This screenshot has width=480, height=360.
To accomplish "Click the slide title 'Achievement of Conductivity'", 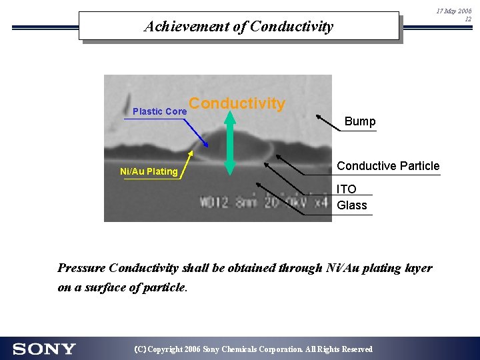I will pyautogui.click(x=238, y=27).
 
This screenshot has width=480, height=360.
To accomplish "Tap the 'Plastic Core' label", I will pyautogui.click(x=159, y=111).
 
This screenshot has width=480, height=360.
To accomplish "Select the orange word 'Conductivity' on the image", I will pyautogui.click(x=237, y=103).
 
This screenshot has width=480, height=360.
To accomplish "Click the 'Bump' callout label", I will pyautogui.click(x=360, y=121).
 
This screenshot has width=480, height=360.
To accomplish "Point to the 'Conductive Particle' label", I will pyautogui.click(x=388, y=166).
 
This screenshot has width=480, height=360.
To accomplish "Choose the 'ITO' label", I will pyautogui.click(x=347, y=189).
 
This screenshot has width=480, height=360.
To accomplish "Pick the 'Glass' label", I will pyautogui.click(x=352, y=205).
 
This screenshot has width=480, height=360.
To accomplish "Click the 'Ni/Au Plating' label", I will pyautogui.click(x=149, y=171).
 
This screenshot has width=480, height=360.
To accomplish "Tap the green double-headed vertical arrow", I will pyautogui.click(x=229, y=143).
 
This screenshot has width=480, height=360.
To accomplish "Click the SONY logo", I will pyautogui.click(x=44, y=349).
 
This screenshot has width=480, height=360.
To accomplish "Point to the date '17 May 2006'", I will pyautogui.click(x=453, y=11).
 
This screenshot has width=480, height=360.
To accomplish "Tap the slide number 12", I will pyautogui.click(x=468, y=19).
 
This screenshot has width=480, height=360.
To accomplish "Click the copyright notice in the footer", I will pyautogui.click(x=253, y=349).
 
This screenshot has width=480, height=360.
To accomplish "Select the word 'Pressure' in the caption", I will pyautogui.click(x=81, y=268).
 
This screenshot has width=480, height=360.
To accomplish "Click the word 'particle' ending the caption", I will pyautogui.click(x=165, y=288).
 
